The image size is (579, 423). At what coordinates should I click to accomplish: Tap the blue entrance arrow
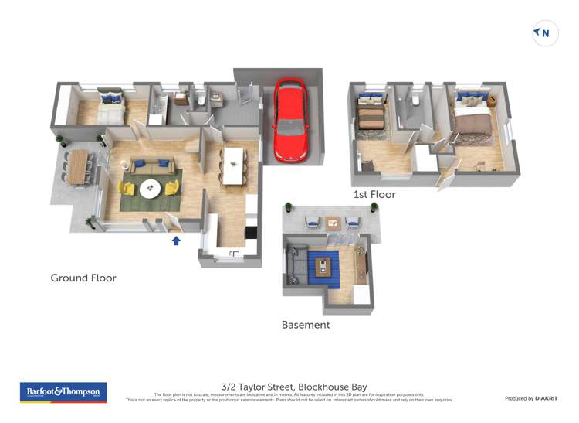176,240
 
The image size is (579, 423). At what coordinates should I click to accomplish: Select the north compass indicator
545,33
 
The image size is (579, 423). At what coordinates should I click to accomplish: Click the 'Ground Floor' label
83,278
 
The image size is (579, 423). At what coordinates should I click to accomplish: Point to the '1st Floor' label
374,195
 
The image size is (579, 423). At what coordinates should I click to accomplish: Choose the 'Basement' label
305,325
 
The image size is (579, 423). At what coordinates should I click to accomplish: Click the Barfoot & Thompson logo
63,392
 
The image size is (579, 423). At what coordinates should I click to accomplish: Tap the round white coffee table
151,187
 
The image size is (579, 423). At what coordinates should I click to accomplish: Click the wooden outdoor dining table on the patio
78,167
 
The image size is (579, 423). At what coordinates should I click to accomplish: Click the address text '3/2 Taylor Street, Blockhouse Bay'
293,387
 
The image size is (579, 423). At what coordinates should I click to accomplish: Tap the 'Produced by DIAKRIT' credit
530,398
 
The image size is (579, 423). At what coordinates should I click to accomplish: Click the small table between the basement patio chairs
332,223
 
